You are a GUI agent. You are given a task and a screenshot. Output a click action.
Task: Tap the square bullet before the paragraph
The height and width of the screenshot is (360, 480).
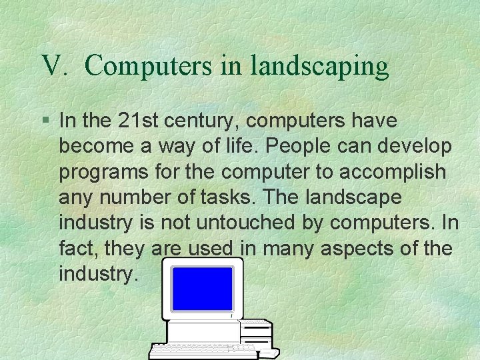[x=45, y=121]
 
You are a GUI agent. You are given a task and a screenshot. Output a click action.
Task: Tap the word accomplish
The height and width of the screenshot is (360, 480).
[x=393, y=172]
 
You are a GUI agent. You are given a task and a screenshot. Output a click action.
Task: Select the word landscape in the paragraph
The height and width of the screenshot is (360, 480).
[x=360, y=197]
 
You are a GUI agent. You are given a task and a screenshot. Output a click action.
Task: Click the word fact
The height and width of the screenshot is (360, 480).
[x=75, y=248]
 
